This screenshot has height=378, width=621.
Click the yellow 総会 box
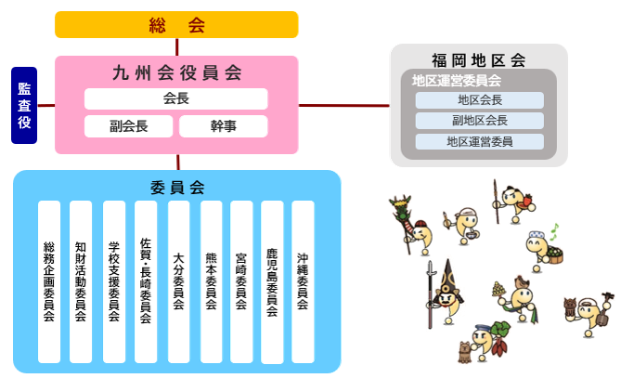click(x=176, y=25)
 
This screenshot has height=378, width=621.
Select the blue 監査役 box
click(x=24, y=105)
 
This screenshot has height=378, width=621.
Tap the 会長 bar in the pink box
click(x=176, y=98)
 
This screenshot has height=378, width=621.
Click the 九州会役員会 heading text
click(x=176, y=72)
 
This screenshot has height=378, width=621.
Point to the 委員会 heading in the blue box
click(x=176, y=187)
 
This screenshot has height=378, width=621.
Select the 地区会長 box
click(x=479, y=100)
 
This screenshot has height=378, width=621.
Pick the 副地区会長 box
click(x=479, y=121)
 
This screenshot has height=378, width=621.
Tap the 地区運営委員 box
click(x=479, y=141)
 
